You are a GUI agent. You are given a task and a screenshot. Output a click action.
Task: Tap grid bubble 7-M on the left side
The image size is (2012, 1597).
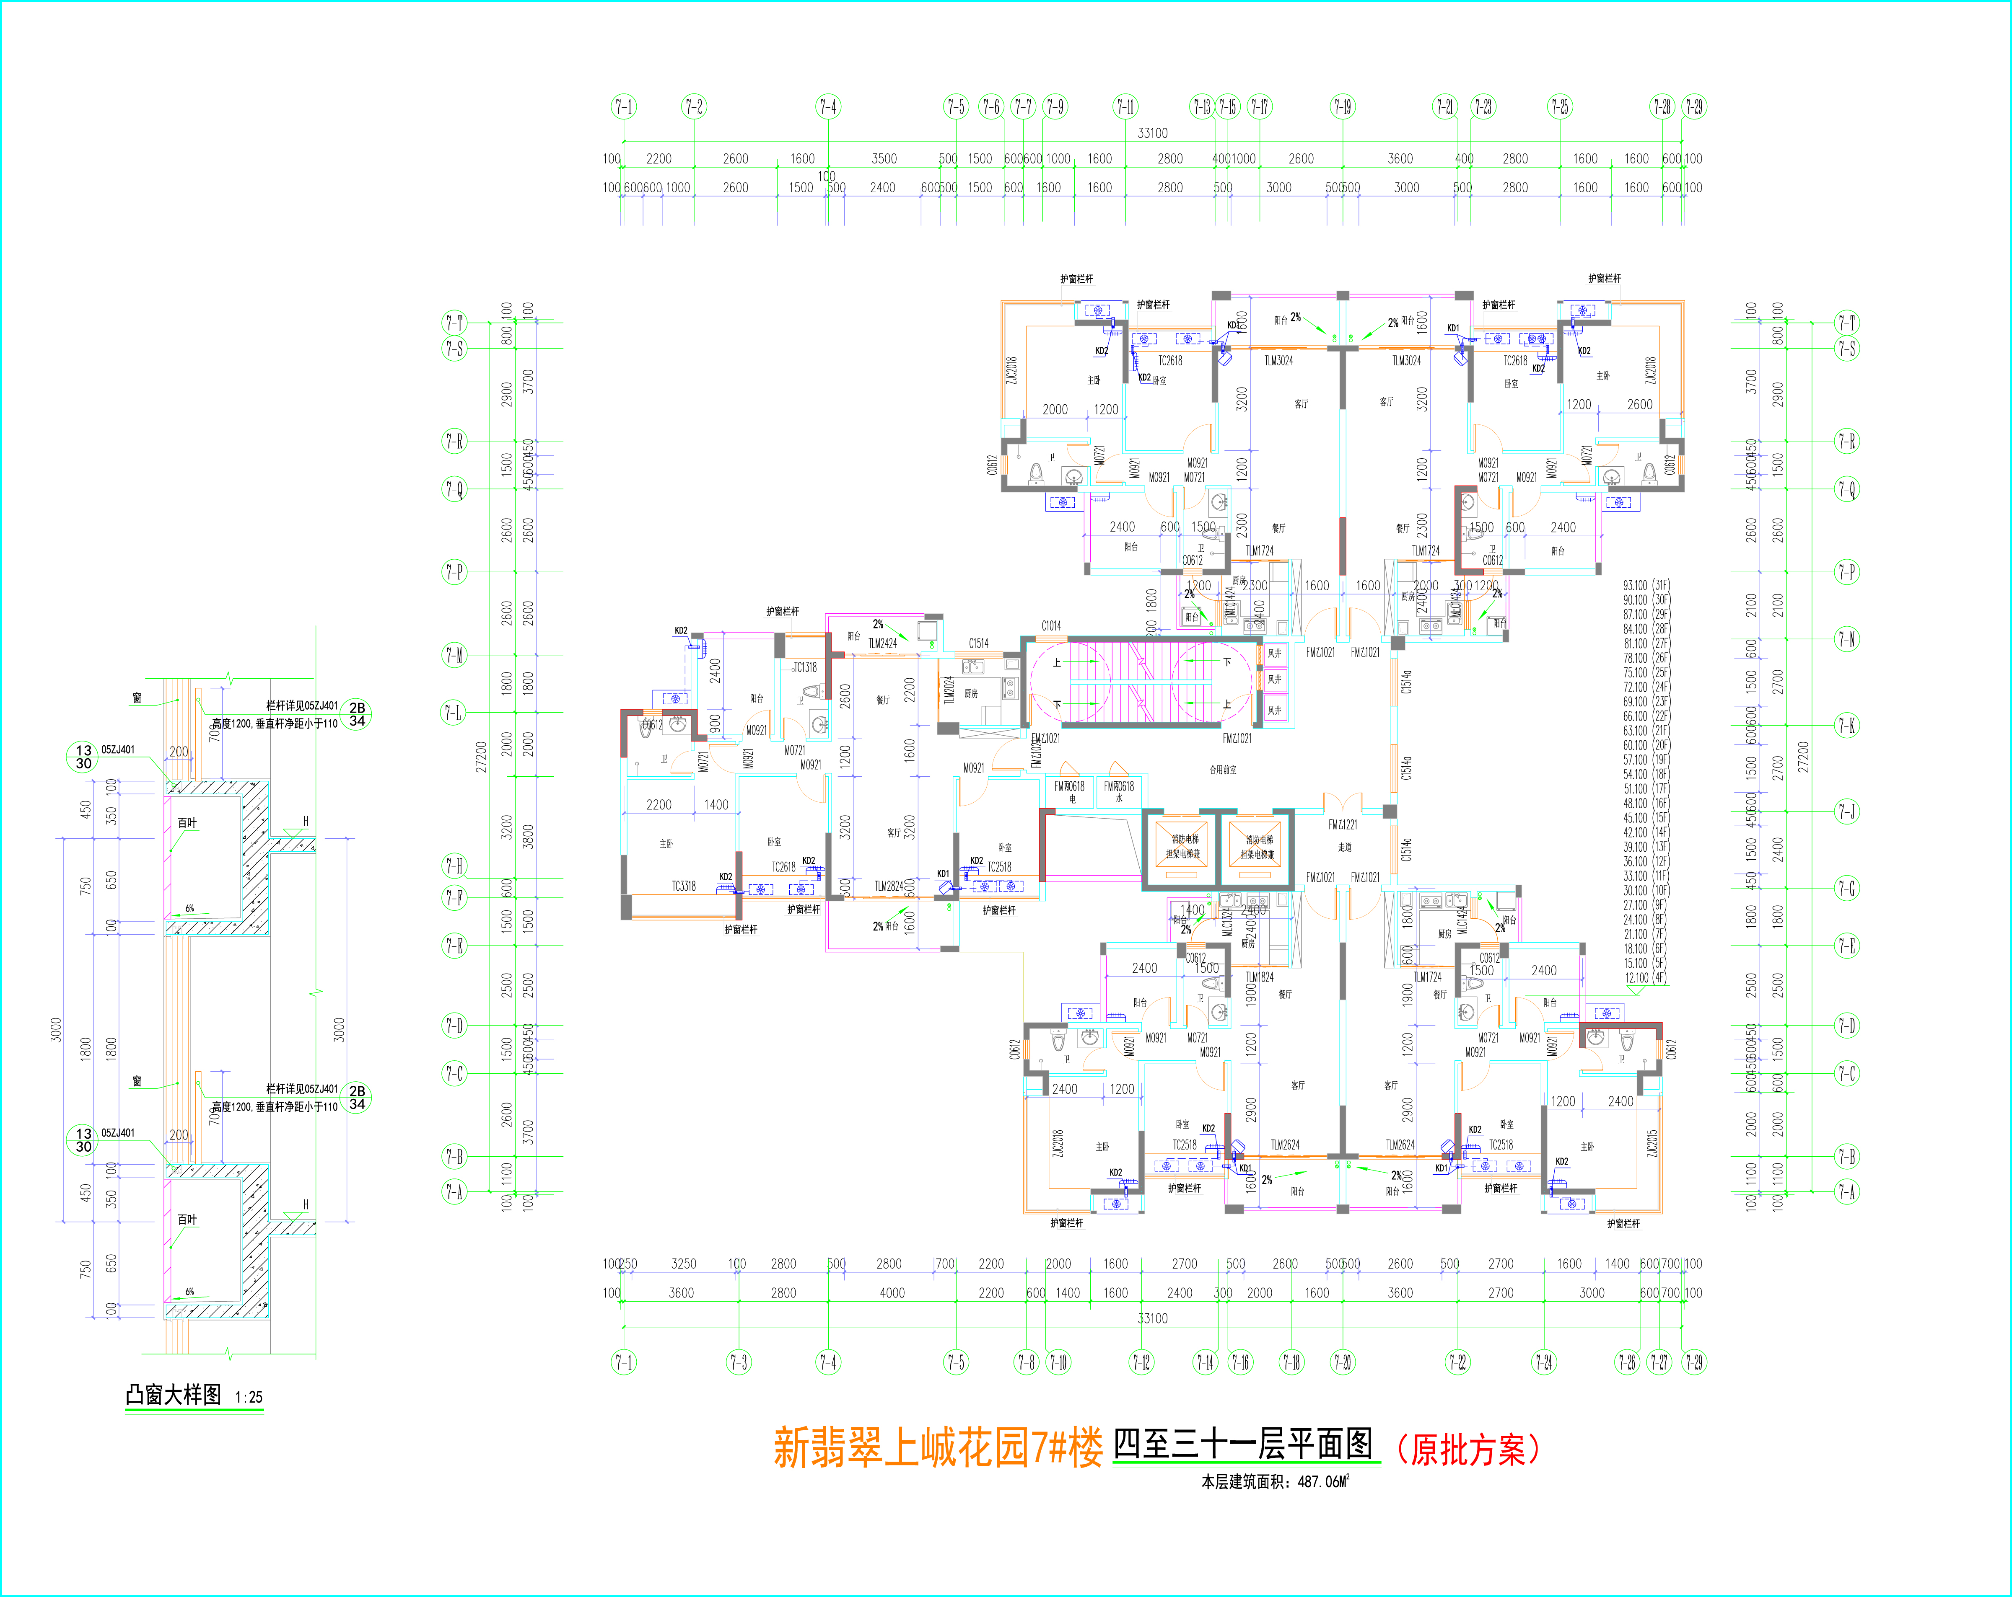coord(454,655)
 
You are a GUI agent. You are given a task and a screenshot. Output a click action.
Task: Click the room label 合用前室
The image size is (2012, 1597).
coord(1223,770)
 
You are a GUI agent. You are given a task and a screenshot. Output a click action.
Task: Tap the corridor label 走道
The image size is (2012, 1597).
coord(1345,847)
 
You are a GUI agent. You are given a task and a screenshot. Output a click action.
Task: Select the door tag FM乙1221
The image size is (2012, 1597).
coord(1343,824)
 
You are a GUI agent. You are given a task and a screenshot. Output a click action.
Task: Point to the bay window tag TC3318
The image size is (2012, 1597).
coord(684,886)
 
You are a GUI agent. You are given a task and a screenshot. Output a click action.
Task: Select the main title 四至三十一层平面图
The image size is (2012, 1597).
coord(1244,1444)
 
